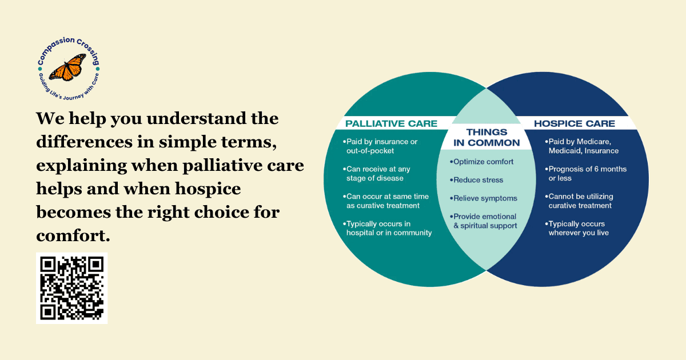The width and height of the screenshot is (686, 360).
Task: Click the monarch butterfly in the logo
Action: click(67, 67)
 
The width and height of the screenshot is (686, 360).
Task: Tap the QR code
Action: click(71, 288)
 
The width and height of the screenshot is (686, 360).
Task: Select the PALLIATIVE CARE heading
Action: click(391, 123)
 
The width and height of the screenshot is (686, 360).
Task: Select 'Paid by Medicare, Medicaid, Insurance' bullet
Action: click(581, 146)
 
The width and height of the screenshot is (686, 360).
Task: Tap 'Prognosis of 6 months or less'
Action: click(586, 174)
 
